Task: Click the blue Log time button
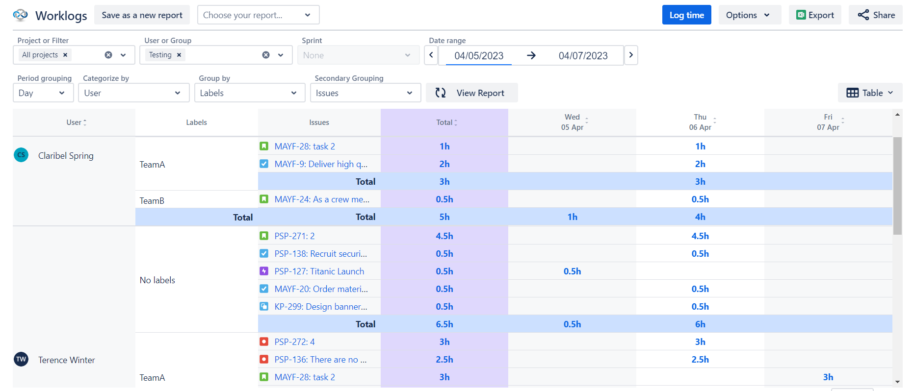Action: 686,15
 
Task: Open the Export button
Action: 815,15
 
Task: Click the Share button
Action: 876,15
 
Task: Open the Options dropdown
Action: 749,15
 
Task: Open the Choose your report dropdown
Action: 258,15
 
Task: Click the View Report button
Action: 471,93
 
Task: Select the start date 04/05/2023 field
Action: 478,56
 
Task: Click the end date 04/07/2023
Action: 583,56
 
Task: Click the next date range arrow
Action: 631,55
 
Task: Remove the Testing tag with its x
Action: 179,55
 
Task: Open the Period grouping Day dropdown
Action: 43,93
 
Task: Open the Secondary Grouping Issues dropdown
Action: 365,93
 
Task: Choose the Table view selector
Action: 870,93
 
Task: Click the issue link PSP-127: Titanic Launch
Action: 319,271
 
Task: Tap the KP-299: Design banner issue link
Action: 320,307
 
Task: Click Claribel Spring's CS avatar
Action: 21,155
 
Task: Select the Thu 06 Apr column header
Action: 700,122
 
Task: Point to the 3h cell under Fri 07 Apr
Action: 828,377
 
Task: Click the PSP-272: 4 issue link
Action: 294,342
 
